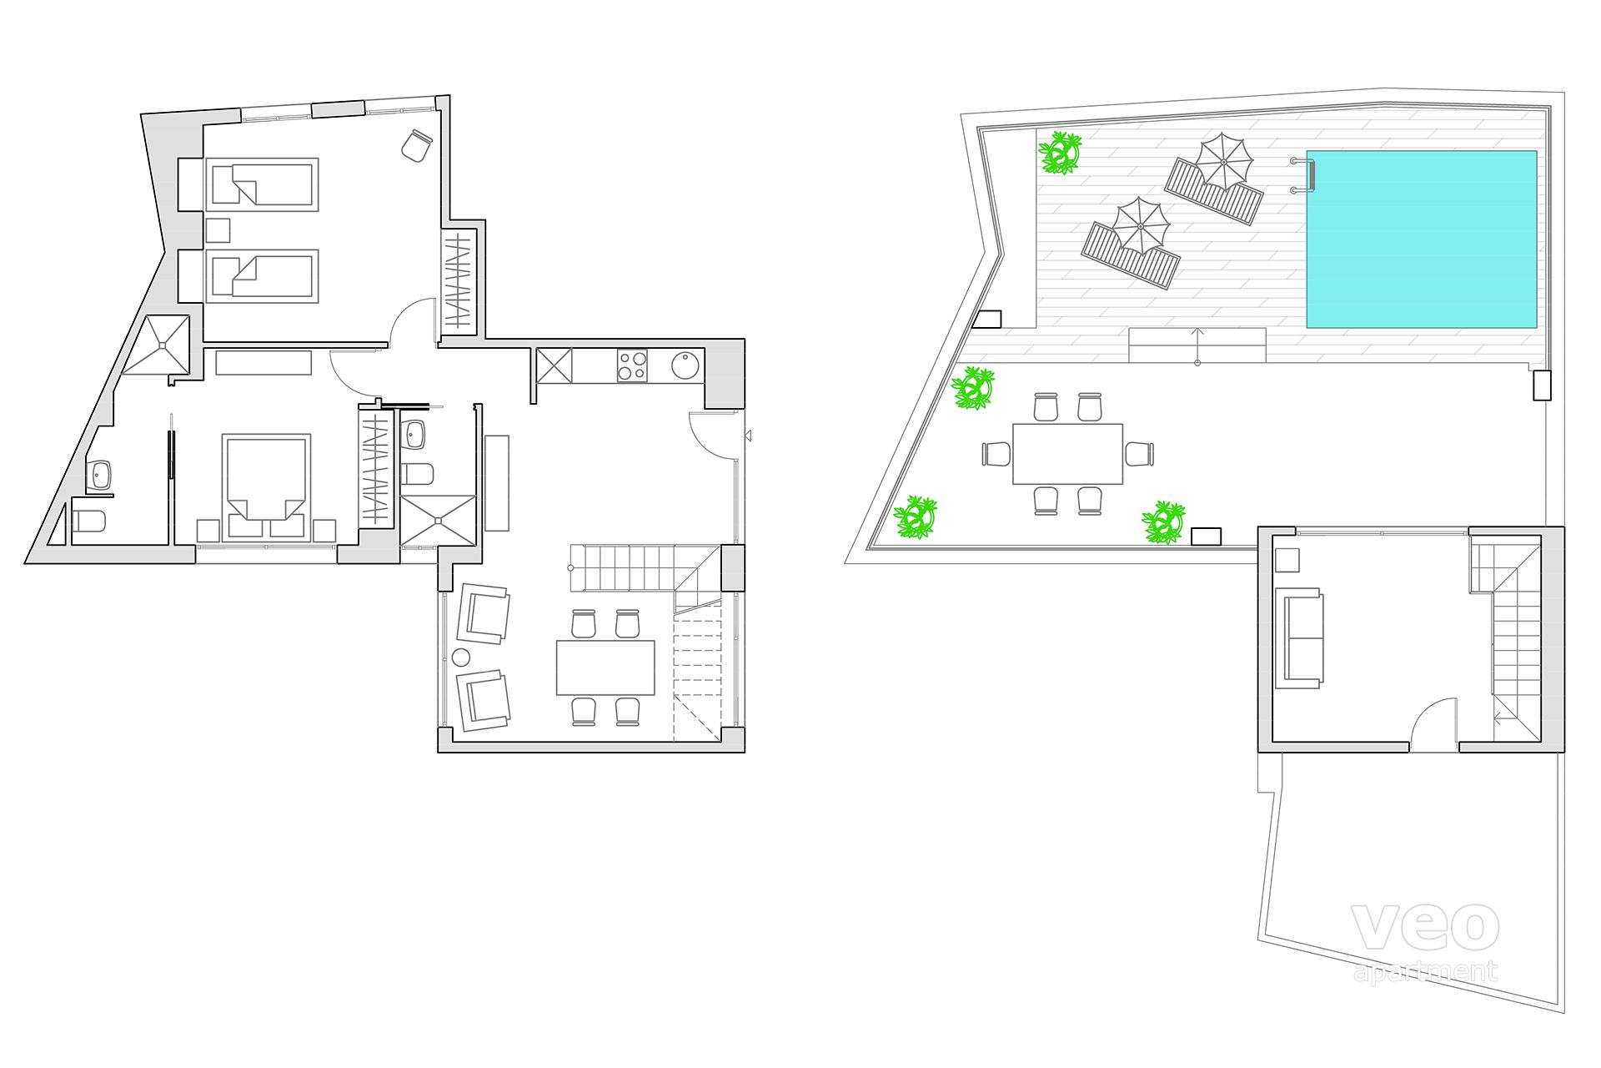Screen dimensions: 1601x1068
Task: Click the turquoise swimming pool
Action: coord(1421,239)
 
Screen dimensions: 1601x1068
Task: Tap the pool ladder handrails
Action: coord(1303,175)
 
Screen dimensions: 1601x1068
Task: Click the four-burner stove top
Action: coord(632,365)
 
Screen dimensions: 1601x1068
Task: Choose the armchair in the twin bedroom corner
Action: coord(416,144)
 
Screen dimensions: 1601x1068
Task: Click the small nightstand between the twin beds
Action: coord(218,230)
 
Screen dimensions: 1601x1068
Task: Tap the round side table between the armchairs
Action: coord(461,657)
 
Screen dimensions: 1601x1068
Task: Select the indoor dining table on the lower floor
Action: coord(605,667)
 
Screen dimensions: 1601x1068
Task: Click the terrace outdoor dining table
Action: coord(1068,454)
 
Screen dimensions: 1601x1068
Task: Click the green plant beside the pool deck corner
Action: coord(1060,153)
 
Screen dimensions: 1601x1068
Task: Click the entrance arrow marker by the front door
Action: coord(748,436)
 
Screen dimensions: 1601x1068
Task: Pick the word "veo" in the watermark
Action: coord(1424,926)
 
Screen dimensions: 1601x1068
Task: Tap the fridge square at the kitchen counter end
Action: coord(554,366)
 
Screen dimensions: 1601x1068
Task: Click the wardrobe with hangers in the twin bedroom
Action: coord(458,280)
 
